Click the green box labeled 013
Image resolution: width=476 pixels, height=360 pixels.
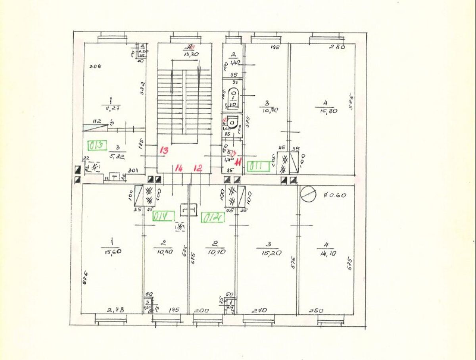click(98, 145)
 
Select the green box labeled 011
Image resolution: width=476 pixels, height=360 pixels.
click(258, 167)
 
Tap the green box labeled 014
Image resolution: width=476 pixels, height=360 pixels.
click(163, 216)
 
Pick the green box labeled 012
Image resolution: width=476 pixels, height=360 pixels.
click(213, 218)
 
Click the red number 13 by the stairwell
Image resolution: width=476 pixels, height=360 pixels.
click(164, 150)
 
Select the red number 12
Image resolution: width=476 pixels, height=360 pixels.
click(198, 169)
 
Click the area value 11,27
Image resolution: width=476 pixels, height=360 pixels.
click(113, 108)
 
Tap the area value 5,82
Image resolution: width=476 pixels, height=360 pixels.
click(118, 157)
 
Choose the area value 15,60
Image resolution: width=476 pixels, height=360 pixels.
click(112, 252)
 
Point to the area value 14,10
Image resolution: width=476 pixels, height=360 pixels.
click(327, 253)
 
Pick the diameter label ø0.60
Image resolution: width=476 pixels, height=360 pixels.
click(335, 195)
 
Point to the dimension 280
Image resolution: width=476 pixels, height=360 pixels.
click(337, 47)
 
